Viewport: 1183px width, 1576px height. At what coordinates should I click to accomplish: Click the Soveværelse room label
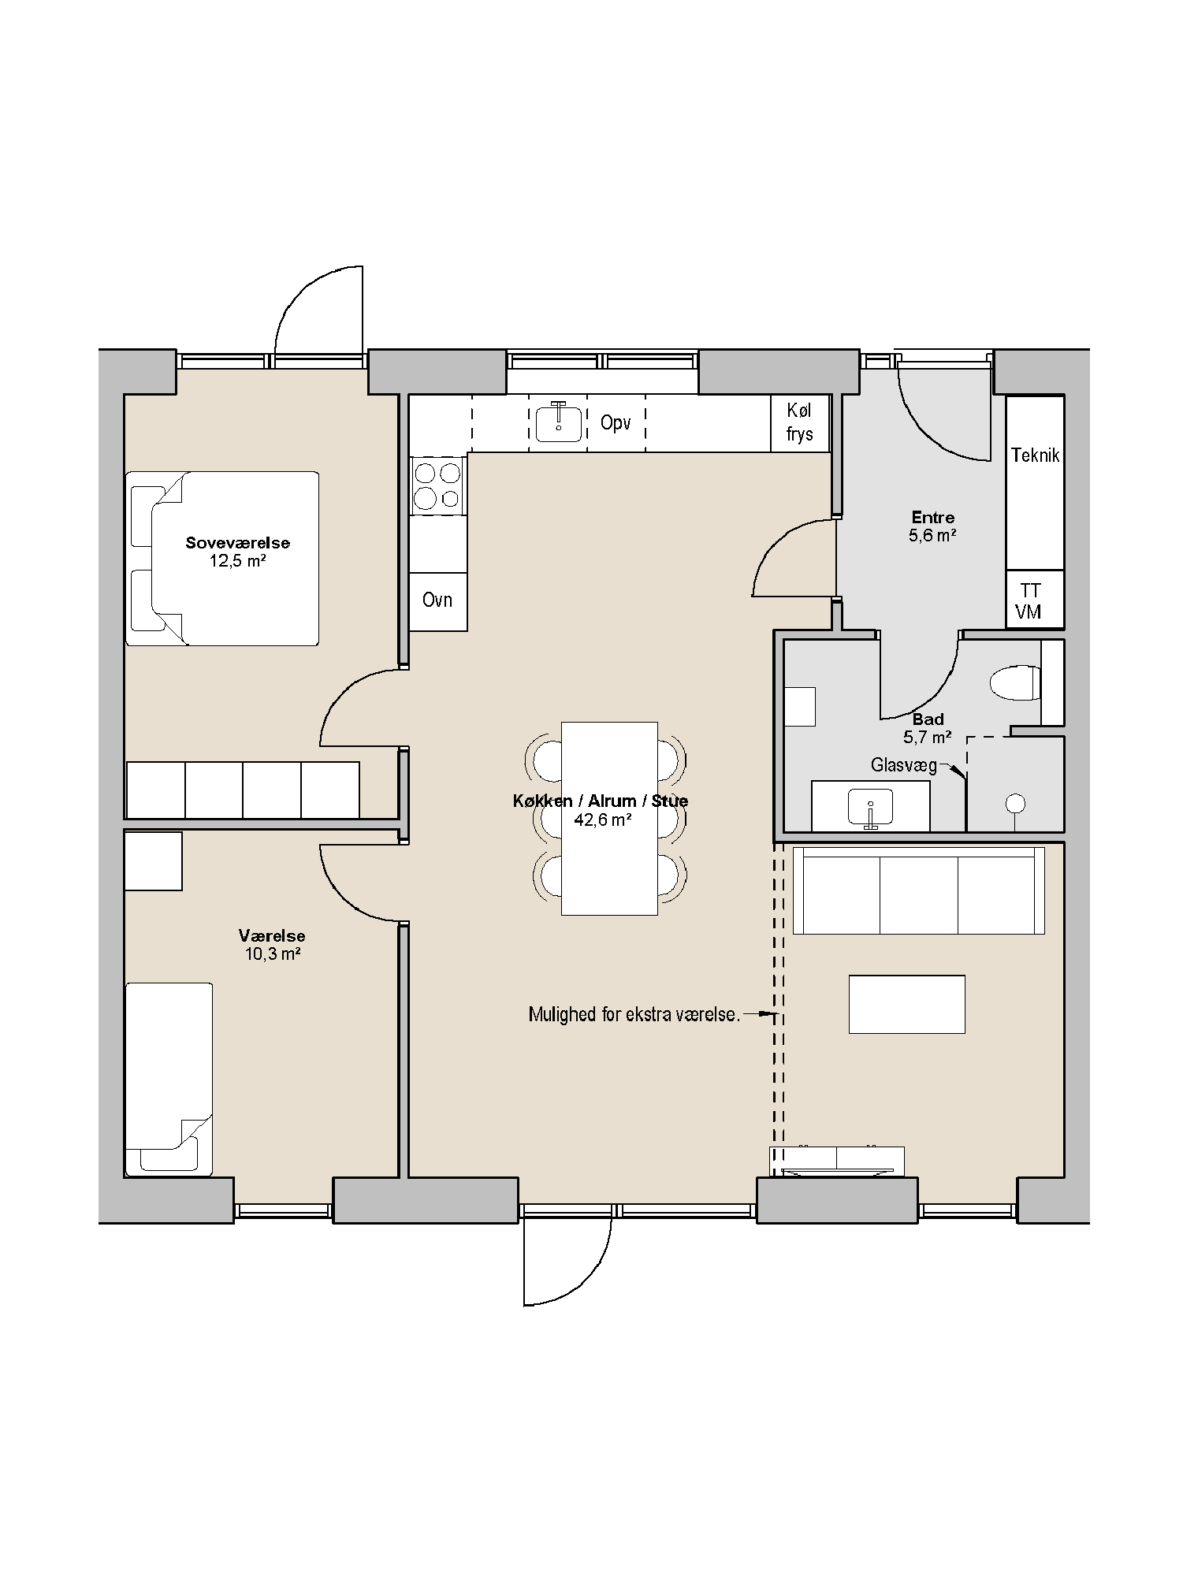[x=237, y=542]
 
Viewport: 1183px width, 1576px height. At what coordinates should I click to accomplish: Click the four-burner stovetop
[x=437, y=486]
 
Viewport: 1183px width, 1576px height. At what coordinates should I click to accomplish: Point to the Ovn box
[x=438, y=601]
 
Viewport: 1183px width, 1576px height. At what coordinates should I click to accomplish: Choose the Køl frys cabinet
[x=800, y=422]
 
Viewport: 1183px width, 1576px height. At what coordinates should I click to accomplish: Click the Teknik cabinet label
[x=1035, y=455]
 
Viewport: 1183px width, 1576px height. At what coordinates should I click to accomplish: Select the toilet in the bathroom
[x=1015, y=682]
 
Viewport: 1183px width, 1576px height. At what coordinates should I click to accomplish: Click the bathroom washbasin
[x=871, y=806]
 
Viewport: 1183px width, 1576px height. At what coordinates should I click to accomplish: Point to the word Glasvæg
[x=904, y=765]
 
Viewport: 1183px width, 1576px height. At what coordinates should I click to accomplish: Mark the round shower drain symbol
[x=1015, y=804]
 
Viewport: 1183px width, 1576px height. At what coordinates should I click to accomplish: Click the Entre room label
[x=933, y=518]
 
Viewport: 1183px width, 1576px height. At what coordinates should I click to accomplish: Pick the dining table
[x=609, y=819]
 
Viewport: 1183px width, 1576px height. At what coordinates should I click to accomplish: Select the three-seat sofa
[x=919, y=891]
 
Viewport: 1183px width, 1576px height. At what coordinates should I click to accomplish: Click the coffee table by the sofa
[x=907, y=1004]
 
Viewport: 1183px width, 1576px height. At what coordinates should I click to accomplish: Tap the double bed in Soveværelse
[x=222, y=559]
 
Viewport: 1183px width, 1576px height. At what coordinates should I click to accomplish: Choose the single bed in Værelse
[x=169, y=1080]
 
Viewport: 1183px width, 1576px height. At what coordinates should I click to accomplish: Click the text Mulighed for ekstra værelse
[x=634, y=1014]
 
